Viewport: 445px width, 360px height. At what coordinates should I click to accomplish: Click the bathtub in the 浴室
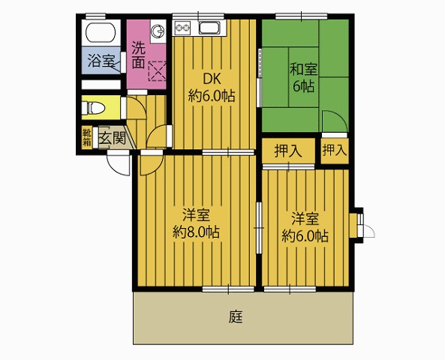(x=101, y=32)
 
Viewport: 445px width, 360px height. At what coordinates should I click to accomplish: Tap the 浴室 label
(x=101, y=61)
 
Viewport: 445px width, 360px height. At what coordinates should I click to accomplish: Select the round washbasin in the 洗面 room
(x=157, y=30)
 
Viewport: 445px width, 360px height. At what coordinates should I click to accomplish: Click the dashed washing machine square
(x=157, y=71)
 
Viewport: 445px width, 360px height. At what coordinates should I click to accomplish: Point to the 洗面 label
(x=139, y=55)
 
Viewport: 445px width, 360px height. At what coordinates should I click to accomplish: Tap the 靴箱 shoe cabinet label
(x=87, y=137)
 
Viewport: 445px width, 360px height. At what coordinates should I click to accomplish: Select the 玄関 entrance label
(x=112, y=138)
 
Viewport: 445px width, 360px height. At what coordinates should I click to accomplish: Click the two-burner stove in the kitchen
(x=182, y=28)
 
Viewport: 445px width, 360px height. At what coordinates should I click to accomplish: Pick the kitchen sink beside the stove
(x=209, y=28)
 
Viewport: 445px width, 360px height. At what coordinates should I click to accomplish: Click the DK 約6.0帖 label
(x=212, y=88)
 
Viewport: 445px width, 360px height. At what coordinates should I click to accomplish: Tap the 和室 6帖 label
(x=303, y=77)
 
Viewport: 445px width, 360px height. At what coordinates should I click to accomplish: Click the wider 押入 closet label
(x=288, y=151)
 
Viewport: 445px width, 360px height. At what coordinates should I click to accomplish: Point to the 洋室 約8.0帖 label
(x=197, y=223)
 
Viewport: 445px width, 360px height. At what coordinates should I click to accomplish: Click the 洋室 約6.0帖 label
(x=305, y=227)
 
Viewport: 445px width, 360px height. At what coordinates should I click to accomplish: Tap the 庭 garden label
(x=236, y=317)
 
